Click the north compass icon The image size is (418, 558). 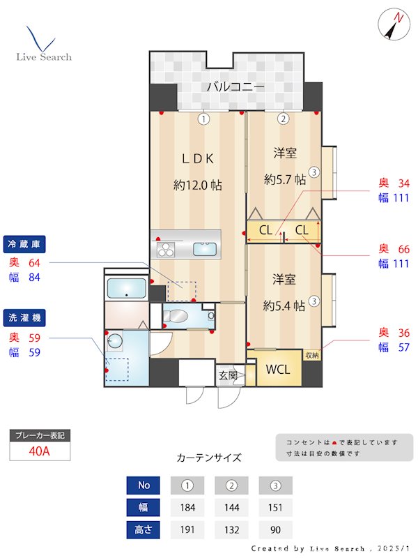pos(394,26)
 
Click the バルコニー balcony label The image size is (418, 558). pos(235,87)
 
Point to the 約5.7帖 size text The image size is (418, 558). pos(285,179)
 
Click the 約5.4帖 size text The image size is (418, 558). pos(284,306)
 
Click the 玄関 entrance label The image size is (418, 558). pos(228,375)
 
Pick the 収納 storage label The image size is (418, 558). pos(312,355)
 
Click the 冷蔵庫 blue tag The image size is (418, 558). pos(26,244)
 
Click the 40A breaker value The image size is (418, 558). pos(40,451)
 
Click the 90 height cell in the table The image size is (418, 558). pos(275,529)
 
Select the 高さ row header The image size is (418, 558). pos(144,529)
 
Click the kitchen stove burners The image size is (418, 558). pos(167,248)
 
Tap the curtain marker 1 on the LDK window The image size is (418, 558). pos(203,119)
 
